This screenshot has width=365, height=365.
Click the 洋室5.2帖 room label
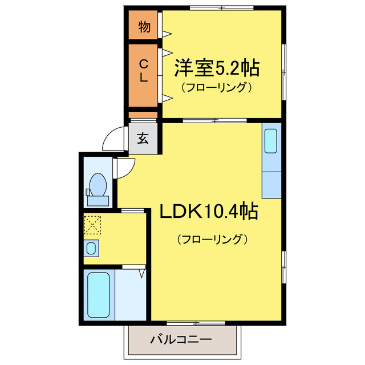click(216, 69)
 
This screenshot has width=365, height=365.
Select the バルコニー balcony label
click(181, 339)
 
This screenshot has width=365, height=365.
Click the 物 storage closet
click(144, 27)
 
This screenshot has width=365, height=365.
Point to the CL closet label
click(144, 72)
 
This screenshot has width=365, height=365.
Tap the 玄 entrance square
click(143, 139)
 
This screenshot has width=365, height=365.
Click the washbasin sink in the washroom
click(91, 248)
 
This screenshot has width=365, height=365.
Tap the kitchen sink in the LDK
click(271, 141)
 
